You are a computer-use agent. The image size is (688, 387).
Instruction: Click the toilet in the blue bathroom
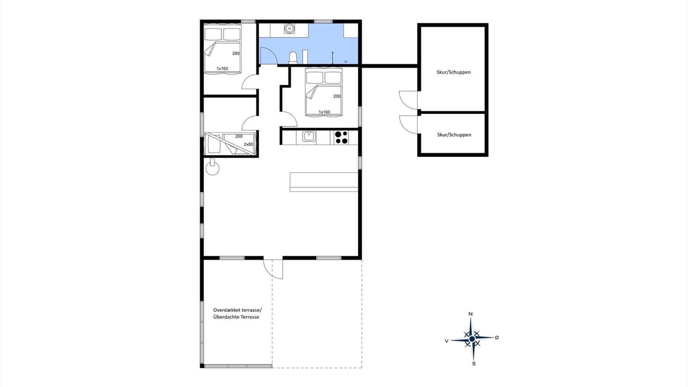293,58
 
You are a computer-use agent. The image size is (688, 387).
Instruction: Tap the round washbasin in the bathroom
289,28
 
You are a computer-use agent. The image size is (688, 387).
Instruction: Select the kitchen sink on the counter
309,137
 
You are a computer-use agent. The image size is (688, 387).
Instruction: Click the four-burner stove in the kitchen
341,137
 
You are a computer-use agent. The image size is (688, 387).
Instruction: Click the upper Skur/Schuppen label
454,72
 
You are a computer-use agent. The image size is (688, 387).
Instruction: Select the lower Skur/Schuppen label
454,134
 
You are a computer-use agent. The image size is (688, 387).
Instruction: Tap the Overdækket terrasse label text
238,310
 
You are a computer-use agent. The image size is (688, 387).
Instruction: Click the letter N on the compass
470,314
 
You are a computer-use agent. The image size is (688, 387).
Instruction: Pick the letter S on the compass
474,364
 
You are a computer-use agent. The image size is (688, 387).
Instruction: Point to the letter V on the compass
447,341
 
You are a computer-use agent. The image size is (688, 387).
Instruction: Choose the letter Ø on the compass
497,337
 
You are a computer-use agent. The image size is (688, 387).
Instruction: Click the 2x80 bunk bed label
248,144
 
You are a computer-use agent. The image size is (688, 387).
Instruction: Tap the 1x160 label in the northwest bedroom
222,68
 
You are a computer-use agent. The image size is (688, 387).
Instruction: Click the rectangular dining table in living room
324,182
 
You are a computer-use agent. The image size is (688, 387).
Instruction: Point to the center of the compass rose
472,339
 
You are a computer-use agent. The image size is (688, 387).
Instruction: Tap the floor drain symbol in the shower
346,61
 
